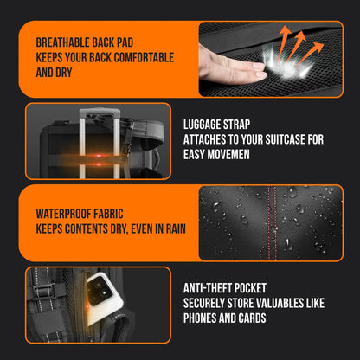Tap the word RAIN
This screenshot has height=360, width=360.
(x=176, y=229)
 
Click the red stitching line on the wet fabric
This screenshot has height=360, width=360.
(x=272, y=222)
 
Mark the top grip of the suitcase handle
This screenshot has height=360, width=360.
(x=100, y=112)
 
